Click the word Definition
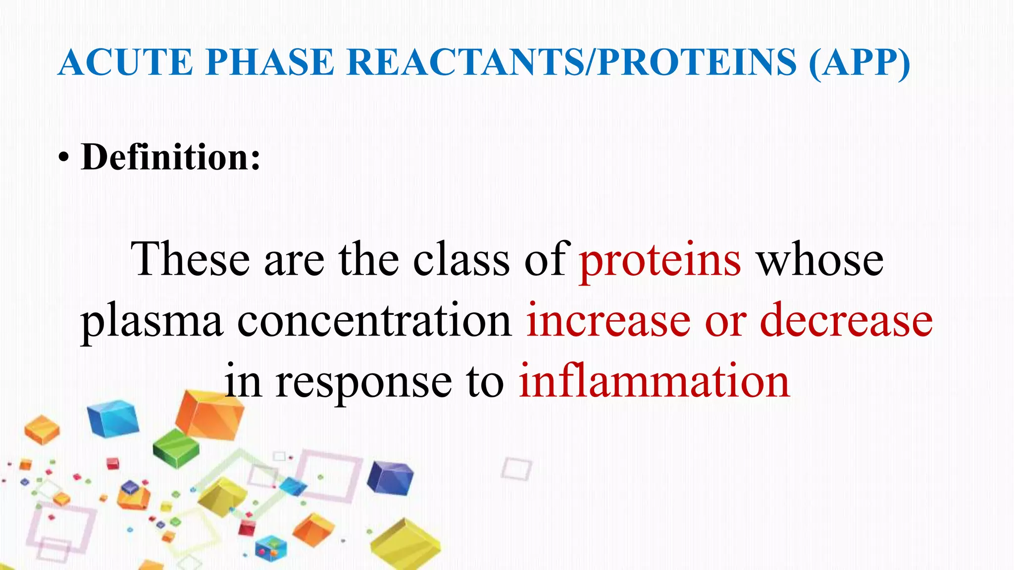pos(171,157)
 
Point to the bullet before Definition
pos(63,159)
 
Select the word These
pos(190,260)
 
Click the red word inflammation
pos(654,381)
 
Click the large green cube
pos(176,448)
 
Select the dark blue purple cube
pos(390,477)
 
